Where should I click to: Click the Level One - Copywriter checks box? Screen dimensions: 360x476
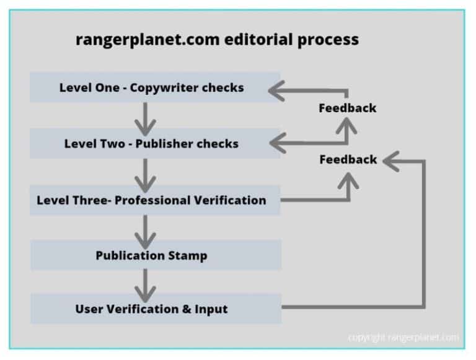[x=155, y=87]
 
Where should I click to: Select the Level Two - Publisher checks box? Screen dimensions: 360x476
[x=155, y=144]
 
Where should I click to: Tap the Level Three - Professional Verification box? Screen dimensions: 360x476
[x=155, y=200]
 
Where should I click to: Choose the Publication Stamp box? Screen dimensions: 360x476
[x=155, y=255]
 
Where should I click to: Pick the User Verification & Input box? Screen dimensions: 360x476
[x=155, y=309]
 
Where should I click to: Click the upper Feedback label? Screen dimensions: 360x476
[x=347, y=108]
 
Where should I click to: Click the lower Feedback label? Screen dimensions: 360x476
[x=348, y=159]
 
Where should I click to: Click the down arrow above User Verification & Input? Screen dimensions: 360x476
[x=145, y=283]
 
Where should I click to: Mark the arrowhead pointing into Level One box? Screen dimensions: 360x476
[x=276, y=92]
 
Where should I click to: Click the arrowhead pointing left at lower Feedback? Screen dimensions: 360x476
[x=390, y=161]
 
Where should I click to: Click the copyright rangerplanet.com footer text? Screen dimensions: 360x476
[x=403, y=338]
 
